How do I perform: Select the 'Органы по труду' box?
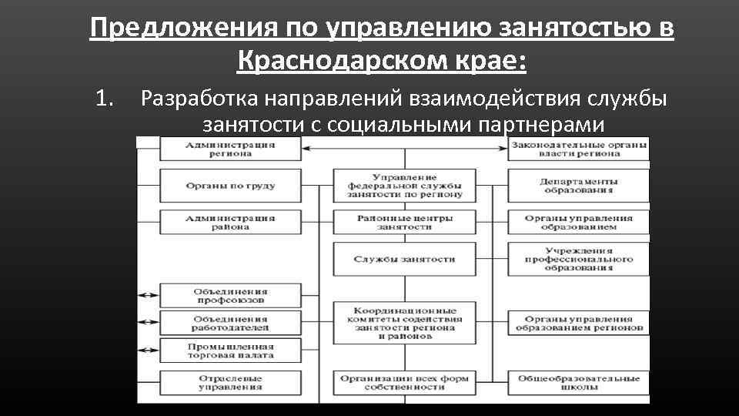click(x=229, y=186)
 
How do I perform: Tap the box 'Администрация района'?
click(x=229, y=223)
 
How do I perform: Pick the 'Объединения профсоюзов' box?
click(x=229, y=296)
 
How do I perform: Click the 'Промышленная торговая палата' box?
click(x=229, y=351)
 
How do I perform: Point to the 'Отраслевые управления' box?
click(x=229, y=384)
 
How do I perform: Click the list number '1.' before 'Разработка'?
click(x=105, y=99)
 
